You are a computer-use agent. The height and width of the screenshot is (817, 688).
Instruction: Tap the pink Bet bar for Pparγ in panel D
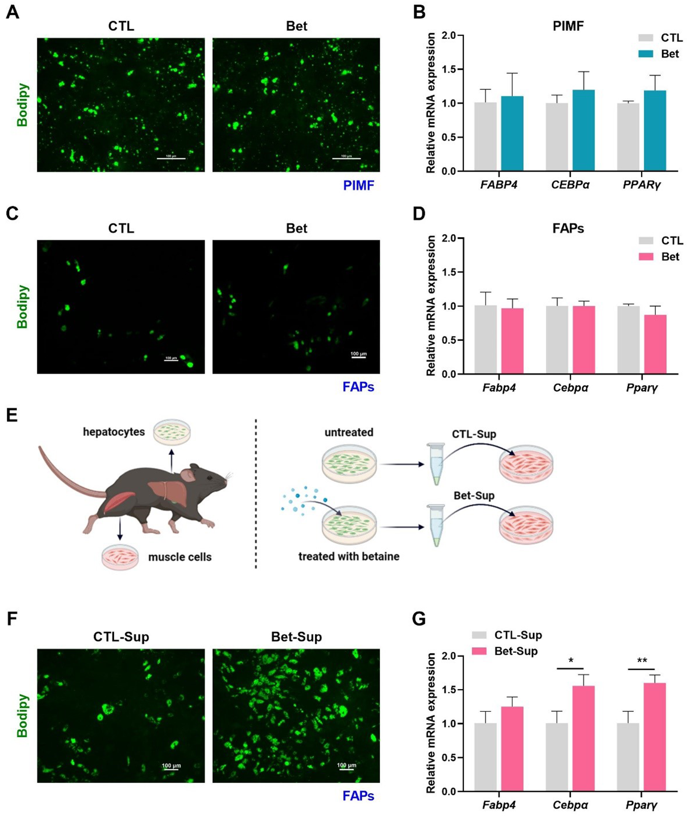655,344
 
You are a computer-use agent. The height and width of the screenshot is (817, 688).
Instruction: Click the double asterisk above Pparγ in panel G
642,660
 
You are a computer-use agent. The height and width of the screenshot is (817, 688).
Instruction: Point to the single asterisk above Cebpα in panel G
571,661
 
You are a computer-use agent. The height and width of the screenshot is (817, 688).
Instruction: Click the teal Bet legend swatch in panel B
646,54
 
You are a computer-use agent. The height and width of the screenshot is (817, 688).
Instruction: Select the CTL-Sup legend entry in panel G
506,635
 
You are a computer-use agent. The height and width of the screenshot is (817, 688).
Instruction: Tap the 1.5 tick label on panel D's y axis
451,272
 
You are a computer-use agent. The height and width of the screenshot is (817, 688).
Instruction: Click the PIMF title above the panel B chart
568,26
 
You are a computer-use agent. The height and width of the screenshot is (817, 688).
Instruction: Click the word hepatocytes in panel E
114,432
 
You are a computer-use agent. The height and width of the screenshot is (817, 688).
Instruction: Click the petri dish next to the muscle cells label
120,557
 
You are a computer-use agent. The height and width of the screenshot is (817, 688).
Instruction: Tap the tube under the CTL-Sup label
435,463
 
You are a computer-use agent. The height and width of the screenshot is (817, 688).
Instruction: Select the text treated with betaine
349,556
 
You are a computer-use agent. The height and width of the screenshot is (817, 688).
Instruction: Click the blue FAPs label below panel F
358,796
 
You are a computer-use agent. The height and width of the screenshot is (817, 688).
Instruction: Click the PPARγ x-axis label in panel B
642,185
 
